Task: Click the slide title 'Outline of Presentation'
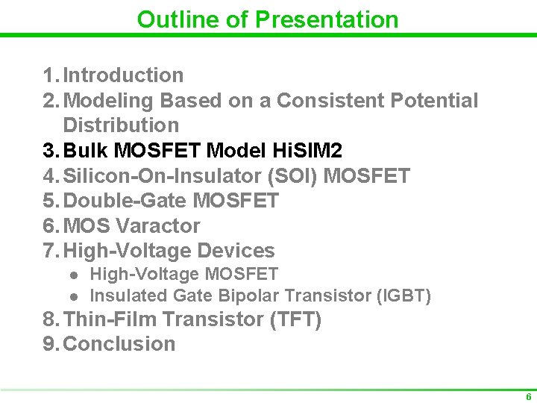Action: point(268,19)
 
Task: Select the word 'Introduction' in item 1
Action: point(124,75)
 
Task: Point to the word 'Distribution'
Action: point(121,125)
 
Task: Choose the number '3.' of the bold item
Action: point(51,151)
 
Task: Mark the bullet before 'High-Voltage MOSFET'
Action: point(74,275)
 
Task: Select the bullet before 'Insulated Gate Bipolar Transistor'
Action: point(74,296)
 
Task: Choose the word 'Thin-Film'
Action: point(110,319)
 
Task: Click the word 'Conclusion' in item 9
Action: point(119,344)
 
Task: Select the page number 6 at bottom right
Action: point(528,397)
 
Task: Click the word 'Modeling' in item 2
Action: point(109,100)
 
